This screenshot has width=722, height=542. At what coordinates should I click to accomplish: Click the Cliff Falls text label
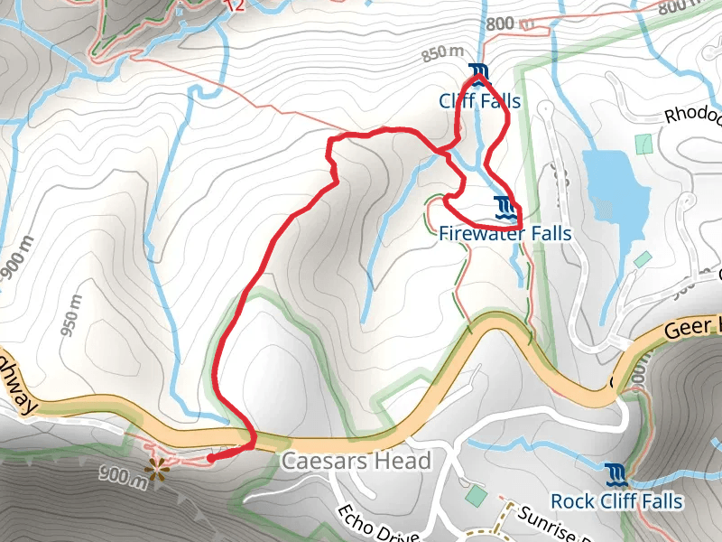pyautogui.click(x=479, y=100)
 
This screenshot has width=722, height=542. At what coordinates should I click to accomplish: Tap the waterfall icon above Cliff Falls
pyautogui.click(x=478, y=71)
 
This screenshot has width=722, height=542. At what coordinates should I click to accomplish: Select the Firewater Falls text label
pyautogui.click(x=505, y=234)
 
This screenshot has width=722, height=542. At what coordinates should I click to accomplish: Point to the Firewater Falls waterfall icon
pyautogui.click(x=505, y=208)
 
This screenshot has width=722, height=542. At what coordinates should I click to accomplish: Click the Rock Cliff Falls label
pyautogui.click(x=616, y=500)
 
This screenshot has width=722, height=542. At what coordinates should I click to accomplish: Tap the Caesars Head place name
pyautogui.click(x=356, y=462)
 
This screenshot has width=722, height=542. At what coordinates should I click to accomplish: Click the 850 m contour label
pyautogui.click(x=442, y=54)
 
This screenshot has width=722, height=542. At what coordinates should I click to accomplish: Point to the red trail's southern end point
pyautogui.click(x=210, y=458)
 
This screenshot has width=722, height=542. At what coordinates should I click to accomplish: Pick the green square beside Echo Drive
pyautogui.click(x=475, y=495)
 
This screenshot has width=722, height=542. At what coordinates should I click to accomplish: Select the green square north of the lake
pyautogui.click(x=643, y=144)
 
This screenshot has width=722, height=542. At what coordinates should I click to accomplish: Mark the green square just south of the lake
pyautogui.click(x=642, y=260)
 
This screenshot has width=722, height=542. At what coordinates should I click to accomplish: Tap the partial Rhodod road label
pyautogui.click(x=693, y=116)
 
